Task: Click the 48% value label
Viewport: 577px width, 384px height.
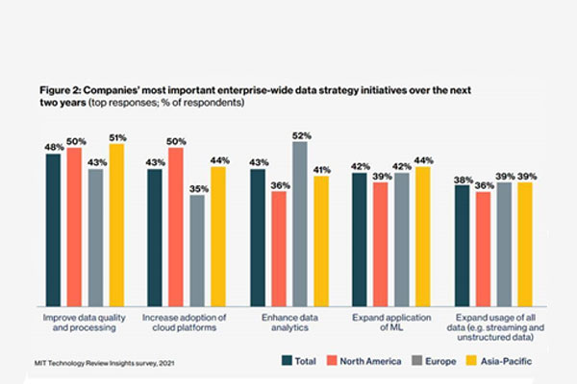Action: [x=54, y=146]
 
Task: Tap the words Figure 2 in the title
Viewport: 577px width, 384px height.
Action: [x=61, y=87]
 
